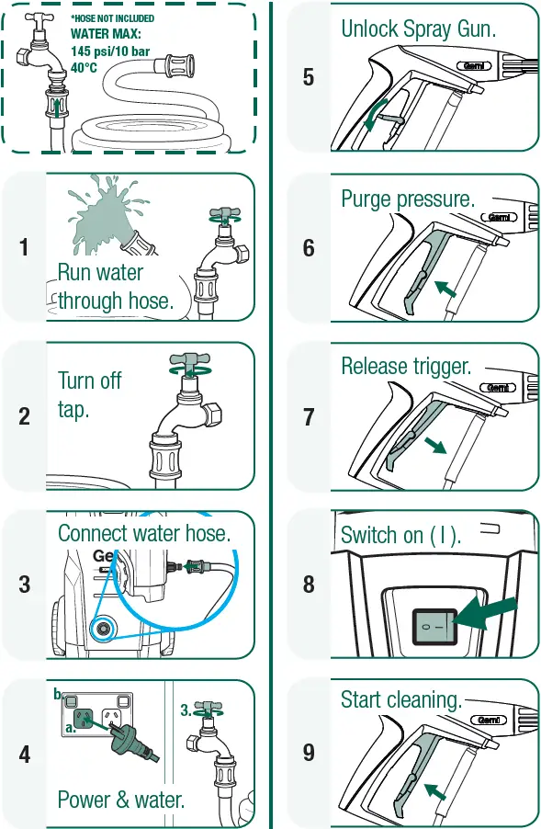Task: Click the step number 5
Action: (309, 77)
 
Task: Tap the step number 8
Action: (309, 584)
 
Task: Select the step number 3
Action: (25, 584)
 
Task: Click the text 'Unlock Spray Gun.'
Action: (419, 28)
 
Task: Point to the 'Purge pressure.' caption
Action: (407, 199)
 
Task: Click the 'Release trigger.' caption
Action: (406, 367)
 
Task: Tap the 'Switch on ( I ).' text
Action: (400, 535)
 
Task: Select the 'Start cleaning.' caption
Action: (400, 700)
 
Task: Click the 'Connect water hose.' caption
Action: (144, 533)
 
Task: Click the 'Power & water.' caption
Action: (121, 800)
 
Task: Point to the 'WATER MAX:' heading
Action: (106, 34)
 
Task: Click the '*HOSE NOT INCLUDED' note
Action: (112, 18)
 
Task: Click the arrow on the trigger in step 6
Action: (445, 289)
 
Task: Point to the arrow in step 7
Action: (434, 445)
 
